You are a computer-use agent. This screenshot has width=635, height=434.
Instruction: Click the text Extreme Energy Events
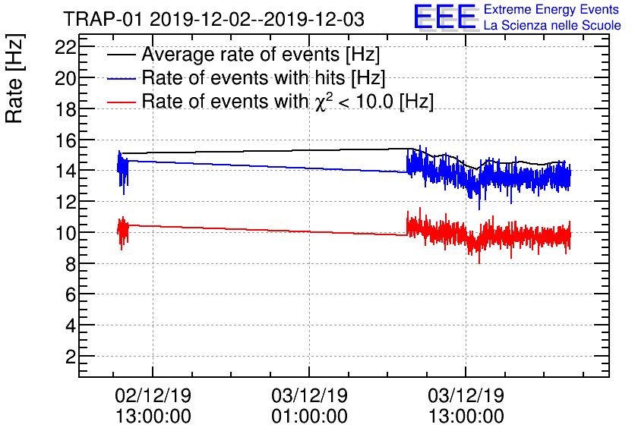coord(551,10)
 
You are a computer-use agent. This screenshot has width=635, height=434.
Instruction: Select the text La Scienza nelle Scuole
coord(551,26)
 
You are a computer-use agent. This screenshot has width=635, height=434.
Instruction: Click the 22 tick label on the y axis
coord(66,47)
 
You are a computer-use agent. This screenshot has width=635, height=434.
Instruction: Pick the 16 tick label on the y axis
coord(66,140)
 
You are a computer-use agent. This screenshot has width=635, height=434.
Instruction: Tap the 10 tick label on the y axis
coord(66,233)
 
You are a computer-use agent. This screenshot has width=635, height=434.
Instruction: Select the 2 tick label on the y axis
coord(71,357)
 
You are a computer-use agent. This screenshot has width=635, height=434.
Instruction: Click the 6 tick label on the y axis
coord(71,294)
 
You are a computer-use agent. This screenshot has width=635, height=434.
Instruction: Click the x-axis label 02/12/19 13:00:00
coord(153,406)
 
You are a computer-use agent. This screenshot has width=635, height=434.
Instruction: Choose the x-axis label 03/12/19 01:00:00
coord(309,406)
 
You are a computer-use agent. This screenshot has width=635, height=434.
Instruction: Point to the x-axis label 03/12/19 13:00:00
coord(466,406)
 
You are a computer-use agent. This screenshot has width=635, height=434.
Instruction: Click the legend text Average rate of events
coord(261,55)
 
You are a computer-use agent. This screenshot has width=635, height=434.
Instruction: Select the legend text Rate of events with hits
coord(264,78)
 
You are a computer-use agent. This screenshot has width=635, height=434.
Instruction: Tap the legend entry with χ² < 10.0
coord(288,101)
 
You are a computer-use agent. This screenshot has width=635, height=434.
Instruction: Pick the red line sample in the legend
coord(122,102)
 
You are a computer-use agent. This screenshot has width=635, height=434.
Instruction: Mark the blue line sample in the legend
coord(122,79)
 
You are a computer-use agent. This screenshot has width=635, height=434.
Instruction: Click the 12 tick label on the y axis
coord(66,202)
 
